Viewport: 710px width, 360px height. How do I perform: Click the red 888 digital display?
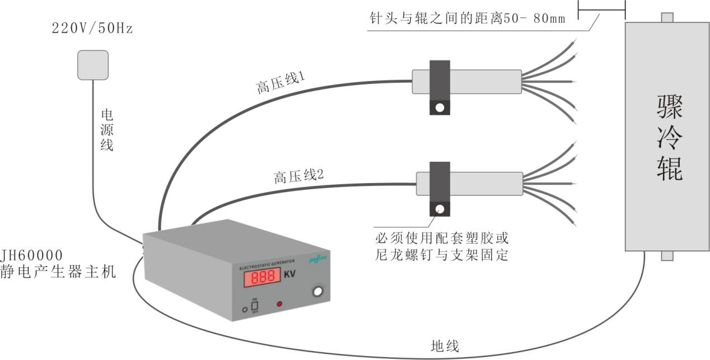(x=262, y=278)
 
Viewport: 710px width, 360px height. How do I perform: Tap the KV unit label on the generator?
(x=290, y=275)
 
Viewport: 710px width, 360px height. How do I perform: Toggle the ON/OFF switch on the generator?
(x=254, y=306)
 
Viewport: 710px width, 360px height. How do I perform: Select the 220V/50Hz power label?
(x=92, y=29)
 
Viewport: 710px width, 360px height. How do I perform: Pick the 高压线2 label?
(x=299, y=177)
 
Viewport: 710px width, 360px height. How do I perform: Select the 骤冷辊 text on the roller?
(x=669, y=138)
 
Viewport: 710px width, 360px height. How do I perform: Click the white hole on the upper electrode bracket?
(x=440, y=107)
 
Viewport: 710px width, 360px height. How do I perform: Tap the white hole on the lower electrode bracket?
(x=440, y=209)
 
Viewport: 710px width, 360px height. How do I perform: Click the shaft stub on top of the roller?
(x=666, y=17)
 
